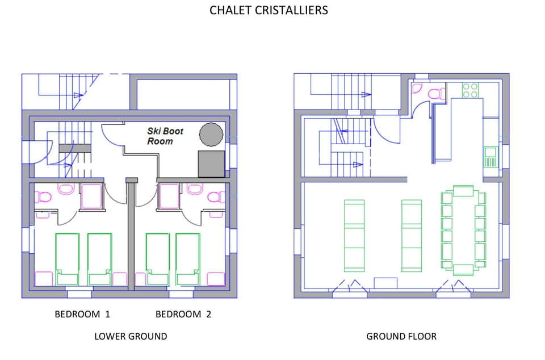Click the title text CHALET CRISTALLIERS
[269, 10]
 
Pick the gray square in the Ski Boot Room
[211, 164]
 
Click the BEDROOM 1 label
[82, 314]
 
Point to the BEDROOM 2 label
[183, 314]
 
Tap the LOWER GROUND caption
[131, 336]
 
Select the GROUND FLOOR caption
[401, 336]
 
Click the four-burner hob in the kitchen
[470, 90]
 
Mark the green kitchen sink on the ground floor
[489, 157]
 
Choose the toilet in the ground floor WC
[436, 94]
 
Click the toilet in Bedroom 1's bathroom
[43, 197]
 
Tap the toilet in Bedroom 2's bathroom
[216, 197]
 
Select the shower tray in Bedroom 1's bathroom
[91, 196]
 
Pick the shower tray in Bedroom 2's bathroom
[169, 196]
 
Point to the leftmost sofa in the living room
[354, 235]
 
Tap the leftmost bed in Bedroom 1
[67, 258]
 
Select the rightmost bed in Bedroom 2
[187, 258]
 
